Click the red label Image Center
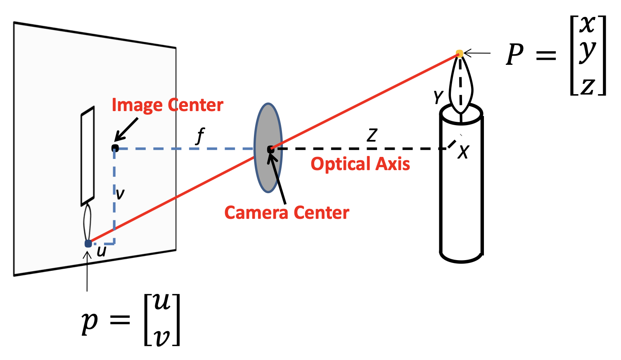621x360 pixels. tap(167, 105)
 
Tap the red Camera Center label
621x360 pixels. tap(287, 213)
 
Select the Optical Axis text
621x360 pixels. tap(360, 164)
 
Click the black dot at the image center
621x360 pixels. tap(115, 148)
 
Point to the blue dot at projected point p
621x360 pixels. tap(88, 244)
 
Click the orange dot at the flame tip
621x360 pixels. tap(459, 53)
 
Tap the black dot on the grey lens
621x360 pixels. tap(270, 149)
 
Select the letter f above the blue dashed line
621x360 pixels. tap(200, 135)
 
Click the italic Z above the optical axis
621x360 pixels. tap(372, 135)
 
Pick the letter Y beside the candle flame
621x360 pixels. tap(438, 97)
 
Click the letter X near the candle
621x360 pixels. tap(464, 152)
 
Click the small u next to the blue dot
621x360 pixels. tap(101, 251)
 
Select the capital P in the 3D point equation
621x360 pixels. tap(515, 55)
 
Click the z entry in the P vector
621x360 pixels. tap(588, 86)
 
